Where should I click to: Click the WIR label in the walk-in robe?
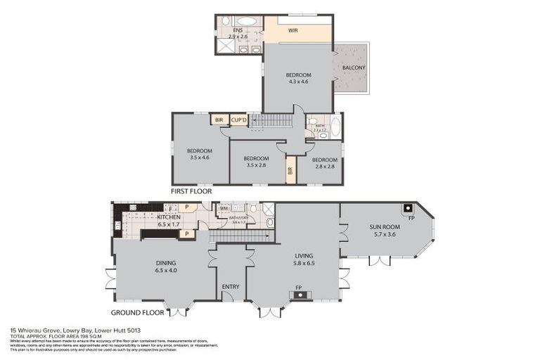pyautogui.click(x=294, y=31)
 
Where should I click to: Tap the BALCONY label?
pyautogui.click(x=354, y=67)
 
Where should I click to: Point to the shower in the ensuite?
pyautogui.click(x=227, y=46)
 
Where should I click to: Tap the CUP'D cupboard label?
pyautogui.click(x=239, y=120)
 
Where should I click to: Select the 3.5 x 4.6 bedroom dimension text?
pyautogui.click(x=200, y=157)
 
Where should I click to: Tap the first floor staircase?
pyautogui.click(x=271, y=120)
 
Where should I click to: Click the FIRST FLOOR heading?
pyautogui.click(x=191, y=191)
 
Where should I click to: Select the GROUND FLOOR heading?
pyautogui.click(x=138, y=312)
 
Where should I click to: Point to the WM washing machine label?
pyautogui.click(x=224, y=208)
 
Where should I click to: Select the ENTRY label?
pyautogui.click(x=231, y=287)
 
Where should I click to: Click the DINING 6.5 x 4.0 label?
pyautogui.click(x=166, y=268)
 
